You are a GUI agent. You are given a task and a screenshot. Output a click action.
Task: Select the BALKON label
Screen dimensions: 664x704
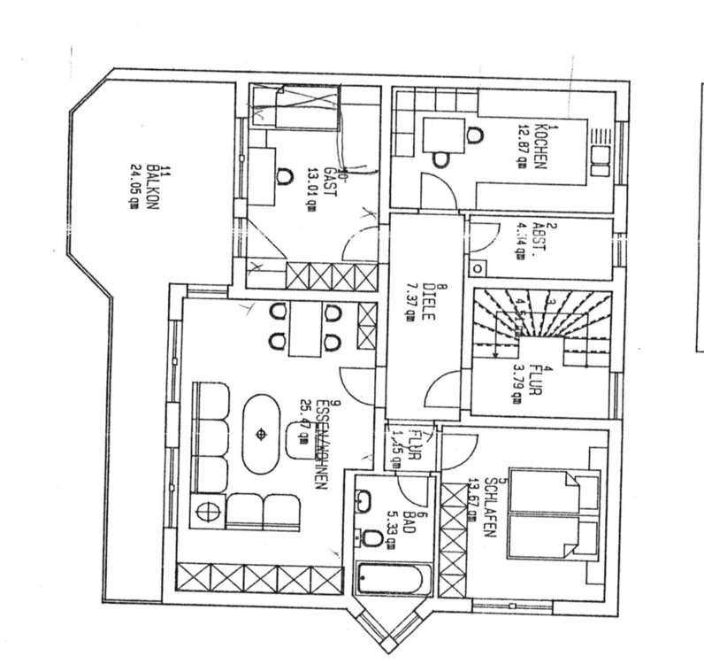pyautogui.click(x=151, y=181)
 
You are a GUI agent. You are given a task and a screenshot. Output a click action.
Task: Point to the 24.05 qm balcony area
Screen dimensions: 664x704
pyautogui.click(x=135, y=182)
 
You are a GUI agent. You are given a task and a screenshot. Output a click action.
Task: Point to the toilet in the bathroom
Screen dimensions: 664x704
pyautogui.click(x=372, y=538)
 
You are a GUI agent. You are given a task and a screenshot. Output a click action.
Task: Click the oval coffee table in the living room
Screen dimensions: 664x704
pyautogui.click(x=262, y=434)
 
